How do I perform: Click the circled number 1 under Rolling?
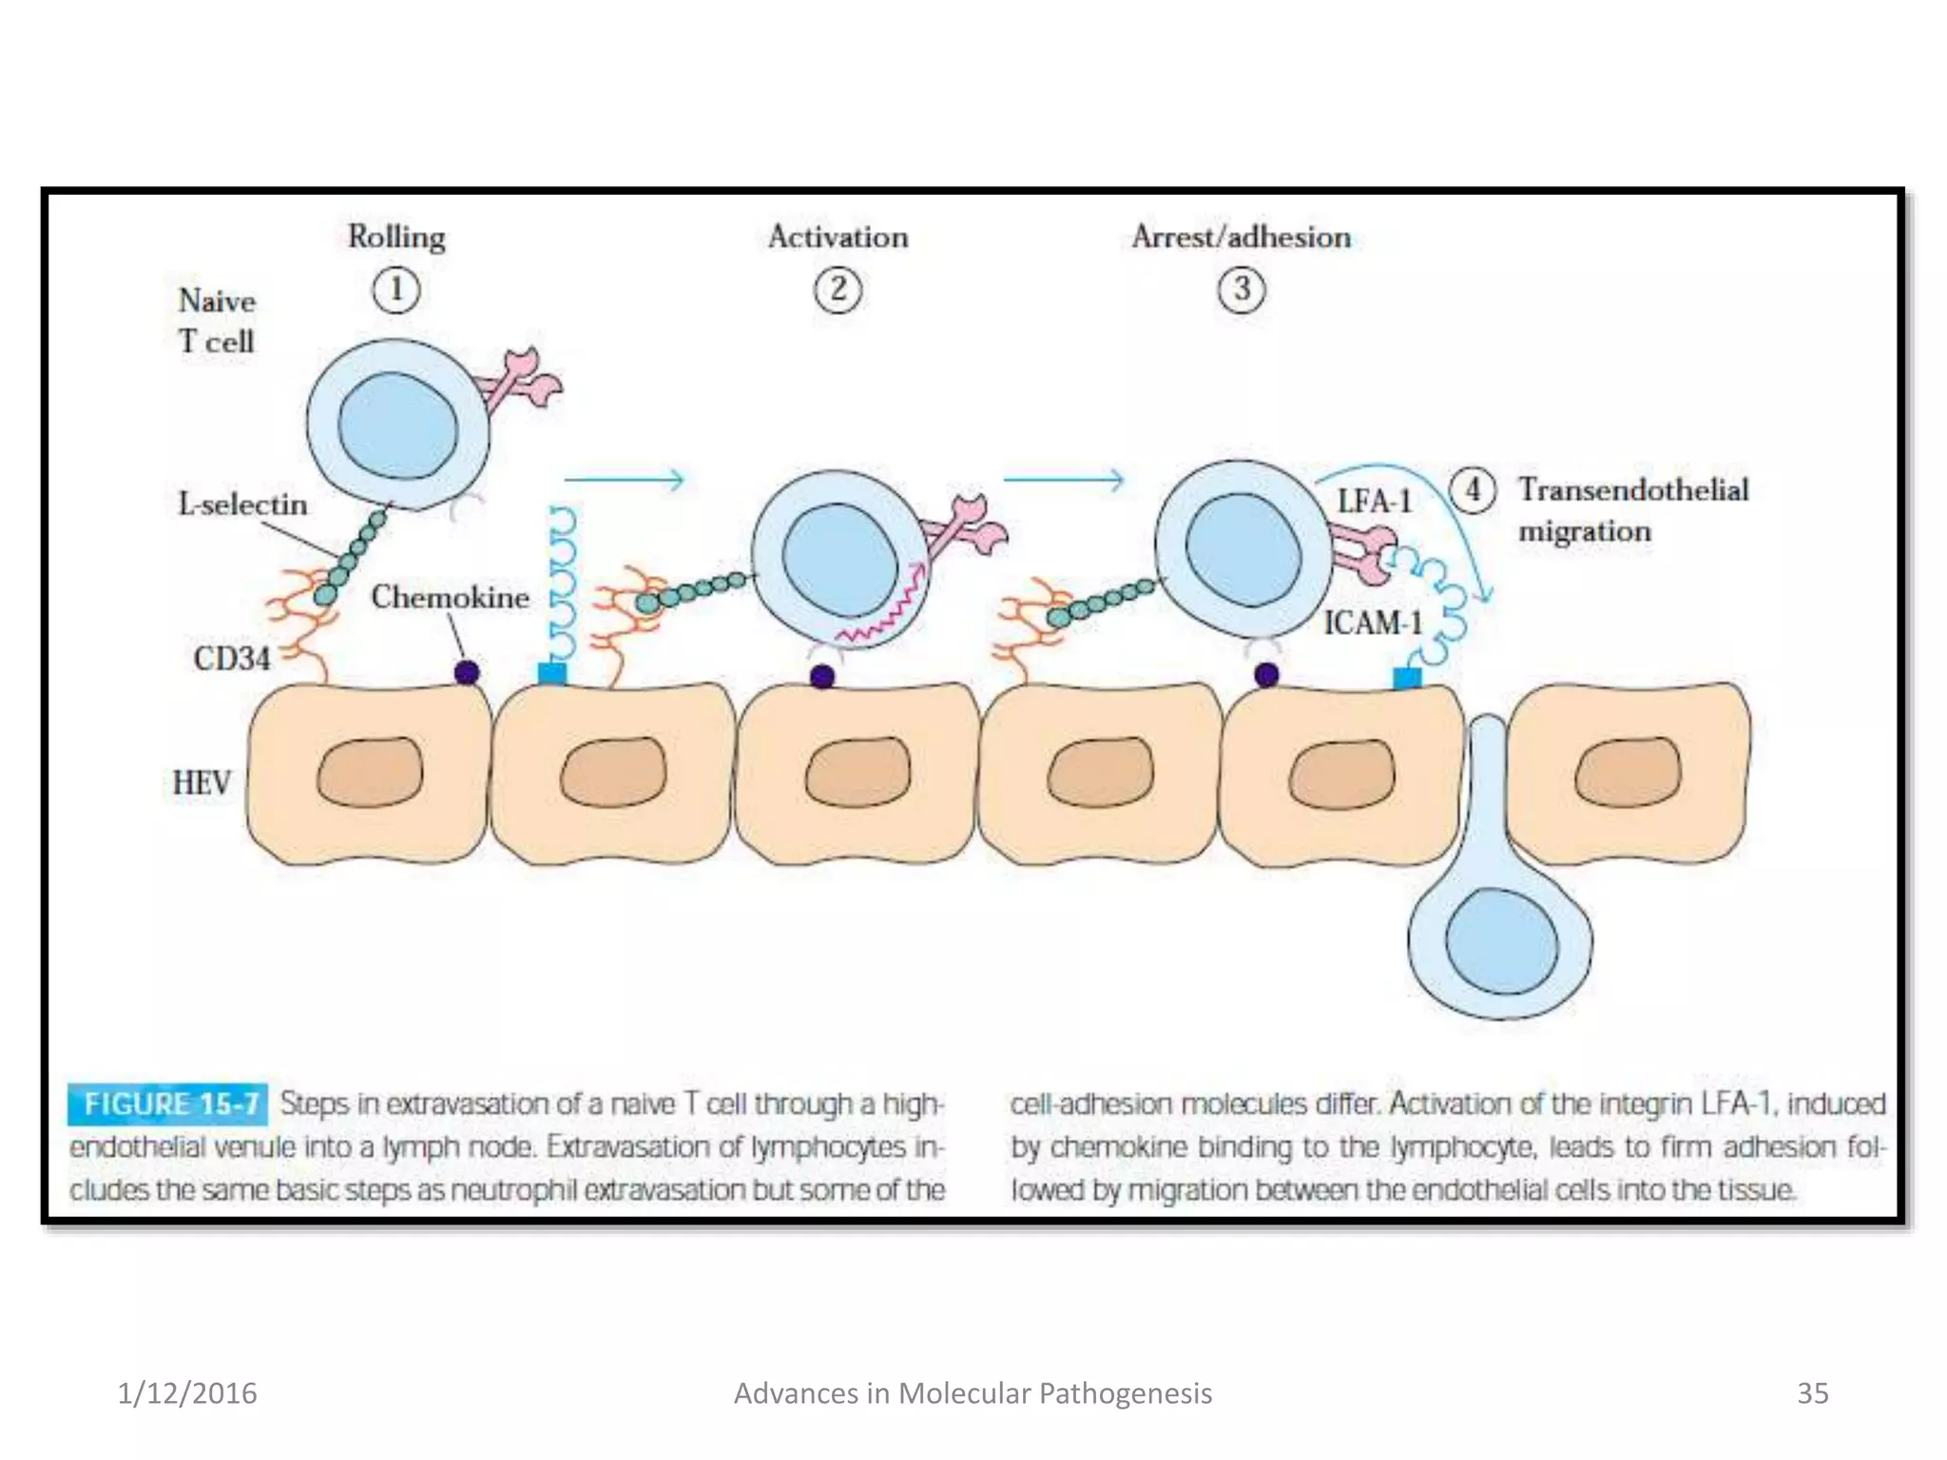coord(395,290)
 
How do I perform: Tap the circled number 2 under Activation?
coord(838,290)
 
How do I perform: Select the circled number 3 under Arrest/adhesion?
coord(1242,290)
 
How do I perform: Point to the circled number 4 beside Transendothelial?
coord(1472,490)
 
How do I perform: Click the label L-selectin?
coord(242,504)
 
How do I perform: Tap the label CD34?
coord(232,658)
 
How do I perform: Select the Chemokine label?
coord(450,597)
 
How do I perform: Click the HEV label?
coord(202,782)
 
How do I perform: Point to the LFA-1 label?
coord(1375,501)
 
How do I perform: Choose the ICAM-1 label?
coord(1373,623)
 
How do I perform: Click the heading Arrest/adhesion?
coord(1241,237)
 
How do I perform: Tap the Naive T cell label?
coord(217,320)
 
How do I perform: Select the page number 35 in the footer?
coord(1812,1393)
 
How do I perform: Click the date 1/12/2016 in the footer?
coord(186,1393)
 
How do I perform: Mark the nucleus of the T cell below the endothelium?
coord(1501,942)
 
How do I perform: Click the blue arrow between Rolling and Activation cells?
coord(624,480)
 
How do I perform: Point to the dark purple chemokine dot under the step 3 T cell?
coord(1266,675)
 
